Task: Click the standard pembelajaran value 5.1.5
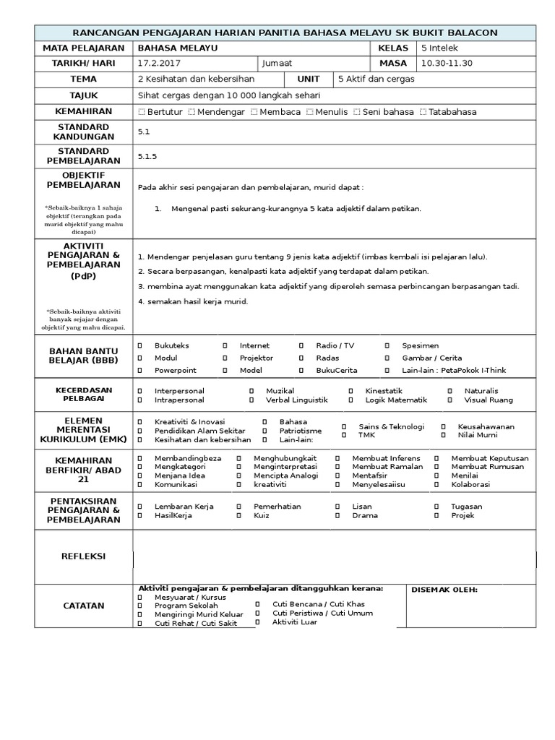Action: [x=147, y=156]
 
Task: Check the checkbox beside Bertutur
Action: [x=142, y=112]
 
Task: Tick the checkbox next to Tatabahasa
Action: [x=423, y=112]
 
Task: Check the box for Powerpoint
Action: [x=139, y=370]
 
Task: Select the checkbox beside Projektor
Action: [x=225, y=358]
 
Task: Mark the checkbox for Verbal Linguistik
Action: [x=251, y=400]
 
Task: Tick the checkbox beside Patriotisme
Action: [x=264, y=431]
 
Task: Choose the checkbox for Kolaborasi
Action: [x=436, y=484]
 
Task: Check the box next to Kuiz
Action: [x=238, y=516]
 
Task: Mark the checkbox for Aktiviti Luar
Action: [x=257, y=621]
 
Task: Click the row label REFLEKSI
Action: [x=84, y=556]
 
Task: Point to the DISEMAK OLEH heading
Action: [x=444, y=590]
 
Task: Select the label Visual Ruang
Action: [x=488, y=400]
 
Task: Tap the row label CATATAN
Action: [x=84, y=606]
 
